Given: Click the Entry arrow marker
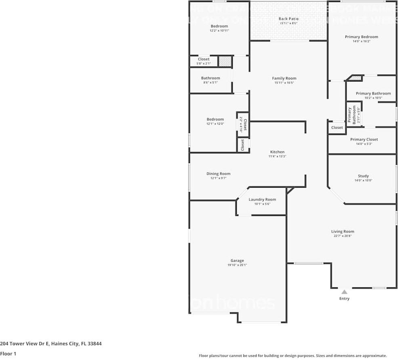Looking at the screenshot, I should point(344,292).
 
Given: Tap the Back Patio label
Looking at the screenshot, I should point(288,19).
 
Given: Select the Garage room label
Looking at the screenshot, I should point(237,261).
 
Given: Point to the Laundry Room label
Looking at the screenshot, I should point(262,199).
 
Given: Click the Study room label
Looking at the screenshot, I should point(363,176).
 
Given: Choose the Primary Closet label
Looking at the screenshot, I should point(364,139).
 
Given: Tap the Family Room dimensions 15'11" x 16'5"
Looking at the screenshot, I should point(284,83).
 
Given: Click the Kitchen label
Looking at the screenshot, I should point(277,152).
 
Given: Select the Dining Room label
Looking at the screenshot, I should point(218,174).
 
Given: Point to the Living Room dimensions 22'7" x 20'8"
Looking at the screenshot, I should point(343,236).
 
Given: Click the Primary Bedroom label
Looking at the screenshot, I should point(361,37).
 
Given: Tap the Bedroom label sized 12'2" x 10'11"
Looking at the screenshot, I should point(219,26).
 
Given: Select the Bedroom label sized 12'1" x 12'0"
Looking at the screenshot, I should point(215,119).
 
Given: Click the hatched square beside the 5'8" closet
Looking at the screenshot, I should point(225,61).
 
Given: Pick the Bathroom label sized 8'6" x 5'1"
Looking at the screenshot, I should point(211,78).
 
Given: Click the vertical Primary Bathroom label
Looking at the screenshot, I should point(350,115).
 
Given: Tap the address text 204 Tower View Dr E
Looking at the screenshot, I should point(25,344).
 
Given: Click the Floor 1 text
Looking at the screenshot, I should point(8,354).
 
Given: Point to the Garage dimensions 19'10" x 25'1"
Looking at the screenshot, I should point(237,265).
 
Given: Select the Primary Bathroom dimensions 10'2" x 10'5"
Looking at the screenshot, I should point(373,98).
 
